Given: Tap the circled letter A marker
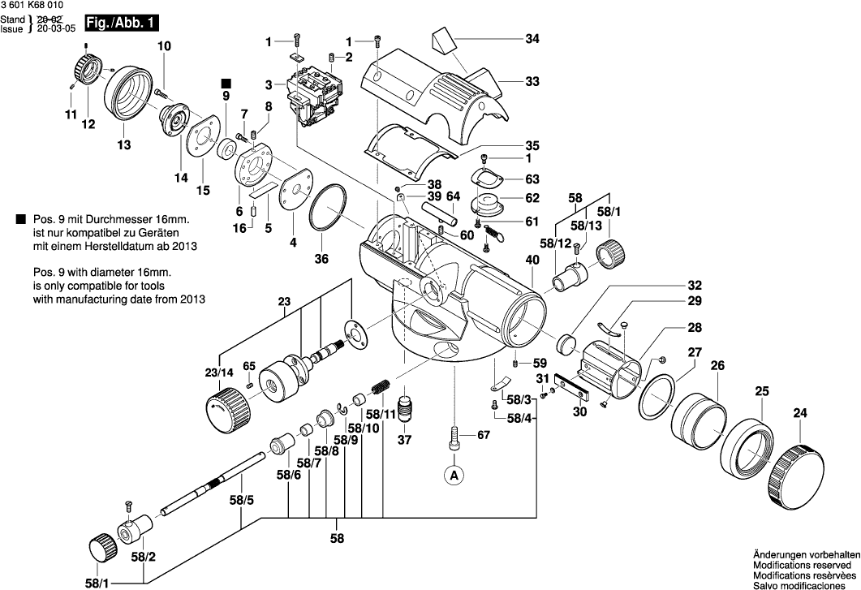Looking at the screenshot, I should pos(455,474).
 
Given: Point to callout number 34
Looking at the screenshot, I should pos(532,39).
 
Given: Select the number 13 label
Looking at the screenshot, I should pos(123,145).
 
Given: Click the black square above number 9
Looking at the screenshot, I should pos(226,83).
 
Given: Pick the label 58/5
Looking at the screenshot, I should pos(242,501).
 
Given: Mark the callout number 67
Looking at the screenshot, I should pos(484,436).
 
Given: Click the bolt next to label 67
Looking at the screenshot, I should pos(455,435).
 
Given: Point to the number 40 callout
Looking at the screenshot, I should pos(532,261).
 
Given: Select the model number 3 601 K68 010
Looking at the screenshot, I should pos(32,6).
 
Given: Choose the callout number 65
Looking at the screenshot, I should pos(249,366).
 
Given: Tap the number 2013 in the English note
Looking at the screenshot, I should pos(193,299).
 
